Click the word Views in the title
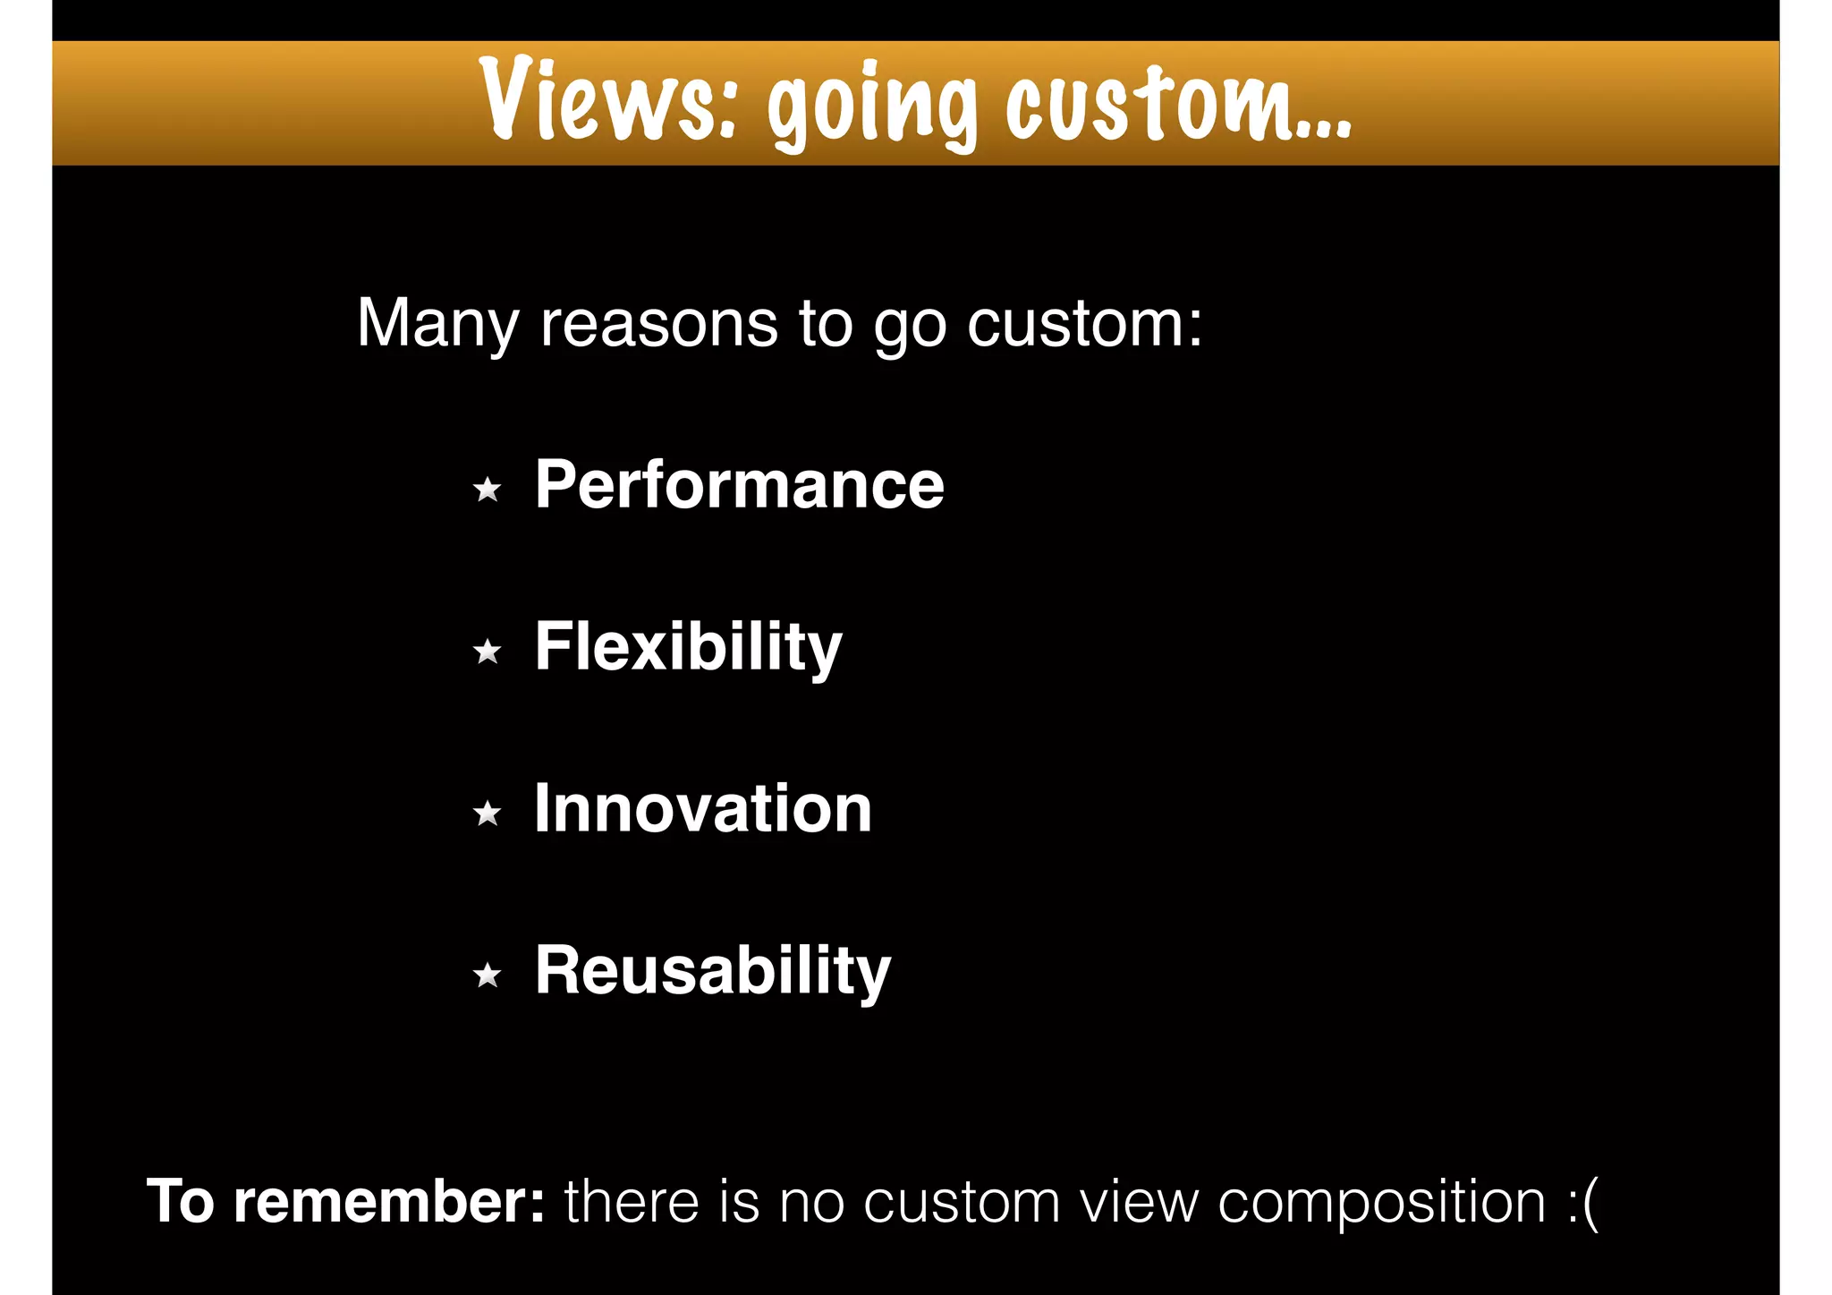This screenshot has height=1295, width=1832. (608, 100)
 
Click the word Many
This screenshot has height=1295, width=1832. (437, 324)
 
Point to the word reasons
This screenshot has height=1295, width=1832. (658, 324)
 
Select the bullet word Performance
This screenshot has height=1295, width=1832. (739, 485)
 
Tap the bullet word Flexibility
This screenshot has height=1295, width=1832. (688, 647)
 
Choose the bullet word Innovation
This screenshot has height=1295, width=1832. (702, 809)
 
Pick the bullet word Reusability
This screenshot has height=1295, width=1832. (713, 971)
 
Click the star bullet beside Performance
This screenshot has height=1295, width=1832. (488, 490)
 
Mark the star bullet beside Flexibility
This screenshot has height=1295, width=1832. (488, 652)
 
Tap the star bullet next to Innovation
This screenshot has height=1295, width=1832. (488, 814)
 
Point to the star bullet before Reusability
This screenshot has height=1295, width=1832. (488, 975)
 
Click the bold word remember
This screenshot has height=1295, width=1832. (388, 1202)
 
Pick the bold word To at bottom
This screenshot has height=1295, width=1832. (181, 1202)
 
